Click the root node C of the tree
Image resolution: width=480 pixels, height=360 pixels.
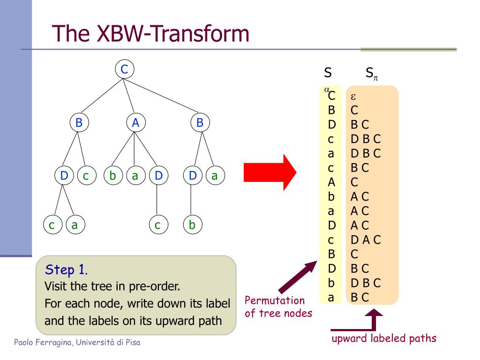click(x=124, y=70)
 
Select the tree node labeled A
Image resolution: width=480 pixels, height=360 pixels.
click(x=135, y=123)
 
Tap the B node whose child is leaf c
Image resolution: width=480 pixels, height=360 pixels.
click(x=79, y=123)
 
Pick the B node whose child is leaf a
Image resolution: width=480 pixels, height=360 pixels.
click(x=200, y=123)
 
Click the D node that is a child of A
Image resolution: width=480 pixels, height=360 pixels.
click(x=158, y=176)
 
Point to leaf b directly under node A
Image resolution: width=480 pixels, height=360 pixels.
click(x=112, y=176)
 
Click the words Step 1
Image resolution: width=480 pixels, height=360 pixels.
click(x=66, y=270)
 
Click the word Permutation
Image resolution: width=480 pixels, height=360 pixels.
click(x=275, y=300)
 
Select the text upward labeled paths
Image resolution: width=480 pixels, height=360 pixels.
click(x=383, y=338)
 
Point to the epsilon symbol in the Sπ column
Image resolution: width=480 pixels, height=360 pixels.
click(x=354, y=97)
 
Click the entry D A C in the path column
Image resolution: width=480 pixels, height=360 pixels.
click(x=366, y=240)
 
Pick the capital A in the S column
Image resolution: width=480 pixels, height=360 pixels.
click(x=331, y=182)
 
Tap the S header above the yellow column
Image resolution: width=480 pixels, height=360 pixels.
click(x=328, y=73)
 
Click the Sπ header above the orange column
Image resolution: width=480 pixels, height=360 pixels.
click(x=371, y=74)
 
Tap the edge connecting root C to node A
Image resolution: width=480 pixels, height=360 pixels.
click(x=129, y=96)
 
